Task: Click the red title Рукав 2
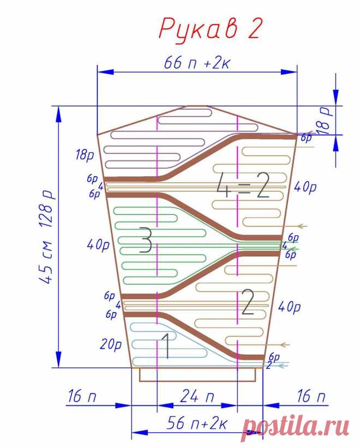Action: [210, 29]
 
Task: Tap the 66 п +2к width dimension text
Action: [197, 63]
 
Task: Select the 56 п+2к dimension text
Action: [196, 423]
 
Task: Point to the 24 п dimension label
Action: [197, 396]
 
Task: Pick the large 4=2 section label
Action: [243, 186]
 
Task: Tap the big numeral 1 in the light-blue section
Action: [166, 347]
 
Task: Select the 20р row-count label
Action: [110, 344]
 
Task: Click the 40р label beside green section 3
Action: [98, 245]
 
